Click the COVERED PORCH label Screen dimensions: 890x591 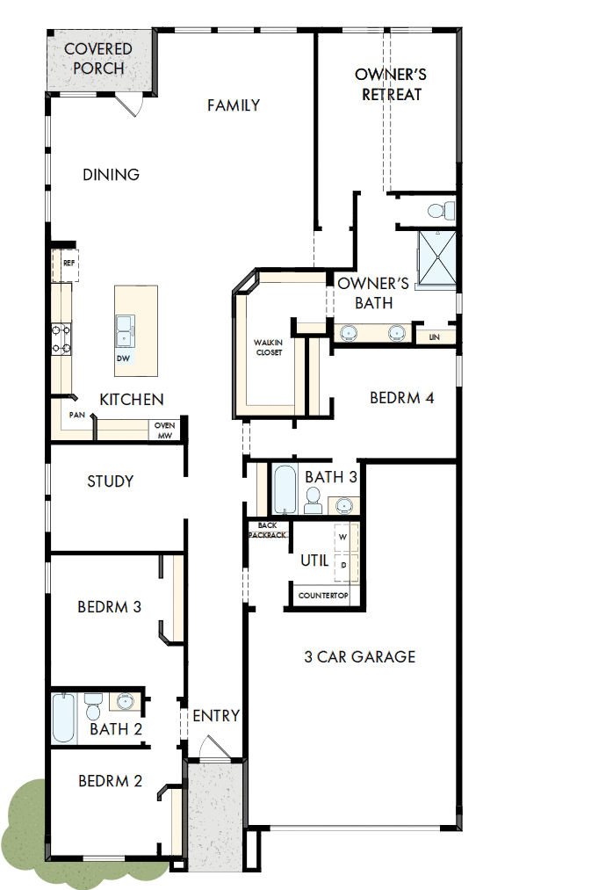tap(98, 59)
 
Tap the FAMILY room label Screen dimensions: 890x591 tap(234, 105)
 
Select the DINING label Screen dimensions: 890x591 tap(112, 175)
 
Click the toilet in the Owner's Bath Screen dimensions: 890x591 tap(440, 210)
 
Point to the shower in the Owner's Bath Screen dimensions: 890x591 tap(436, 257)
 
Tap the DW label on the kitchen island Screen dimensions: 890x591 tap(123, 358)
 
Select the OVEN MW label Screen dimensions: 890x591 tap(164, 430)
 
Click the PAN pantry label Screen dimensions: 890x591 tap(76, 415)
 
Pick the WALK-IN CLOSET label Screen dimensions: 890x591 tap(269, 347)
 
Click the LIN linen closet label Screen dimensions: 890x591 tap(434, 336)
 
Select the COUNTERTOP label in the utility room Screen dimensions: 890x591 tap(323, 596)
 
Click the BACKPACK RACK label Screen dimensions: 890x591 tap(268, 529)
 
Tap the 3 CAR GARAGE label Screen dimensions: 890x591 tap(360, 656)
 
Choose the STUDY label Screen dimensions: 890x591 tap(111, 481)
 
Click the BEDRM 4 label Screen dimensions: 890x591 tap(402, 398)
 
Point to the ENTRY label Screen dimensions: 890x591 tap(216, 716)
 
